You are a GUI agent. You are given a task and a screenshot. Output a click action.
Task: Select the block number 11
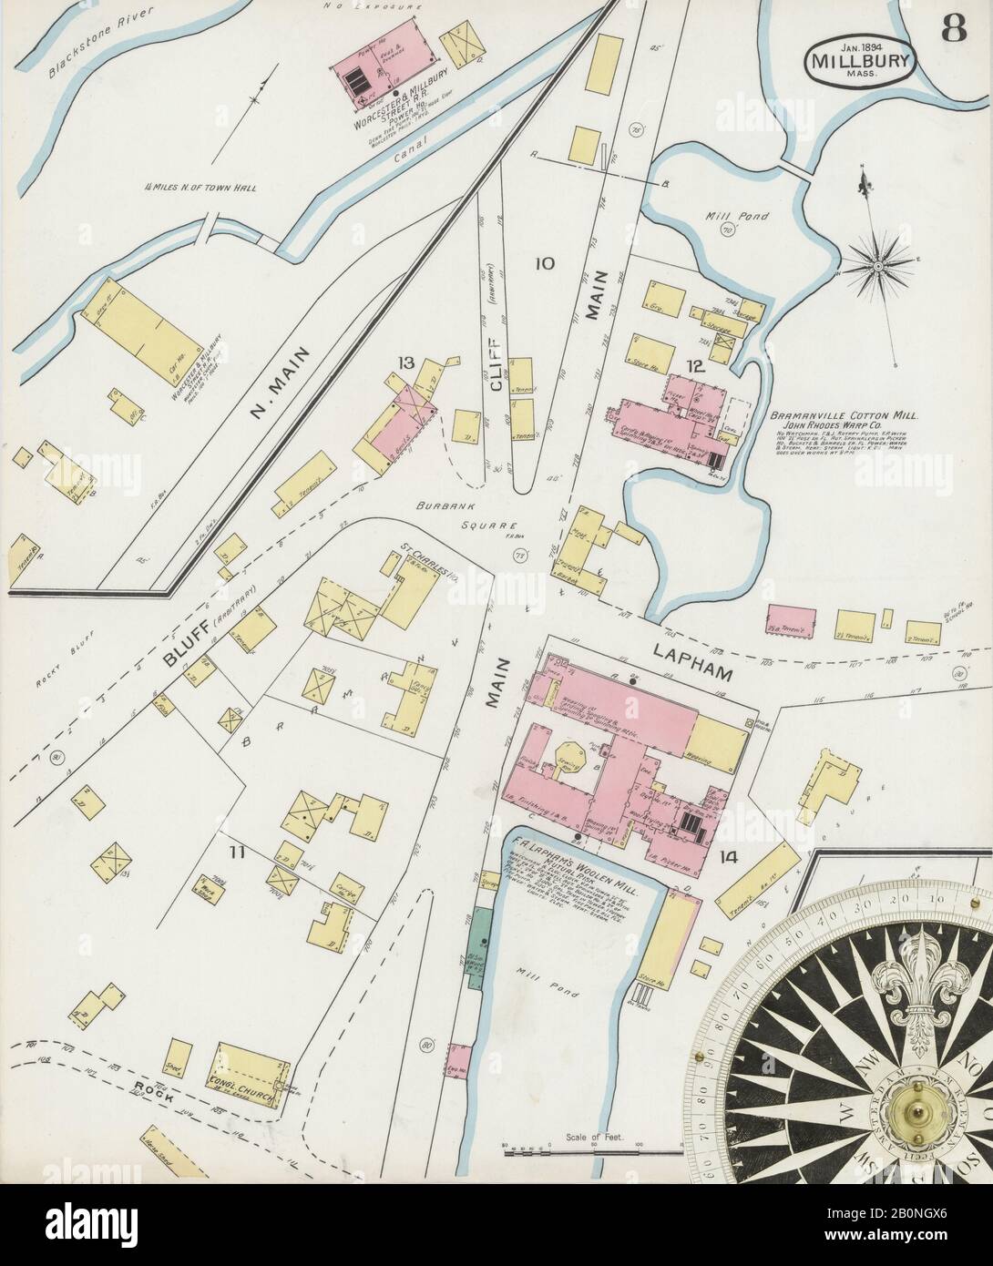point(238,853)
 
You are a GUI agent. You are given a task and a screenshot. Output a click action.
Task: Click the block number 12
point(696,367)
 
